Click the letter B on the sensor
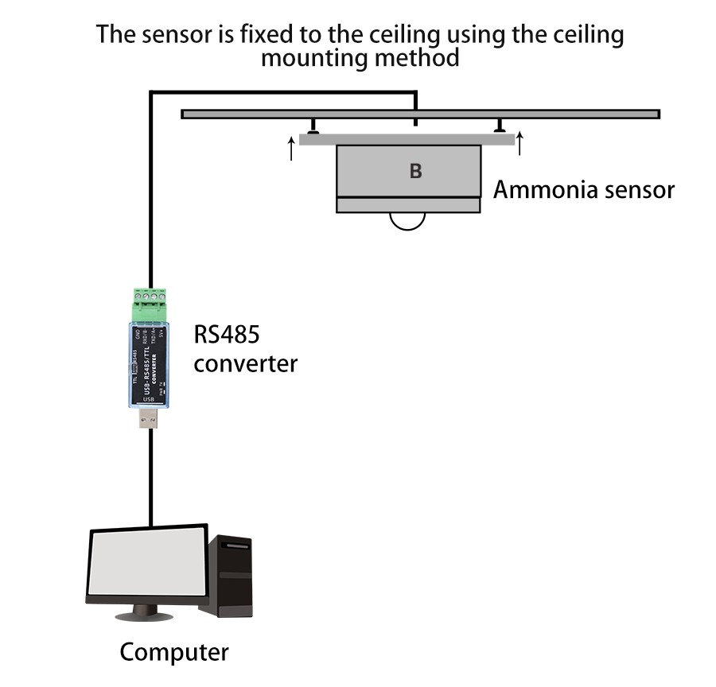pyautogui.click(x=415, y=171)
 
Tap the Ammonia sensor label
pyautogui.click(x=584, y=190)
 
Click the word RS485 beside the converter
pyautogui.click(x=227, y=335)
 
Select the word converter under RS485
pyautogui.click(x=246, y=364)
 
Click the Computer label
pyautogui.click(x=174, y=652)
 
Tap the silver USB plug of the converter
pyautogui.click(x=149, y=417)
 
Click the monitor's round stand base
pyautogui.click(x=144, y=615)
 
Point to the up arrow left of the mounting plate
pyautogui.click(x=291, y=148)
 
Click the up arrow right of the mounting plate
pyautogui.click(x=519, y=143)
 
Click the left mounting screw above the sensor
pyautogui.click(x=314, y=127)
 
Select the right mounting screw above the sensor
pyautogui.click(x=500, y=127)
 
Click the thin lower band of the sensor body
pyautogui.click(x=408, y=205)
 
